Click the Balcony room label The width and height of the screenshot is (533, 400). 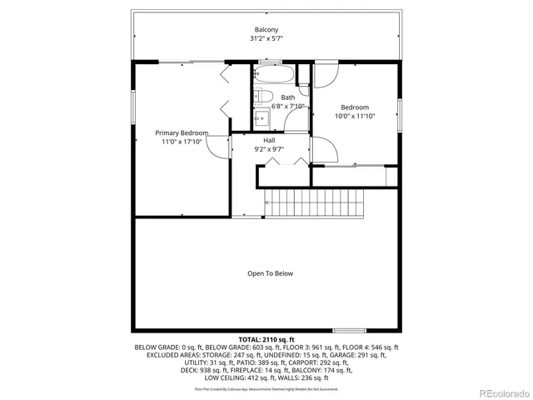click(266, 30)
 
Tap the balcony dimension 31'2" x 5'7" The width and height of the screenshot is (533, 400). click(266, 39)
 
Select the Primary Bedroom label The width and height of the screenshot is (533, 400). click(182, 133)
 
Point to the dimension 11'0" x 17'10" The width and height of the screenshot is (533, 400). click(182, 142)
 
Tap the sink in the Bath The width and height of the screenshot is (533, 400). click(260, 117)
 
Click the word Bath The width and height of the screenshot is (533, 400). click(287, 97)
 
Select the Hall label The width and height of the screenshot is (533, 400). click(269, 141)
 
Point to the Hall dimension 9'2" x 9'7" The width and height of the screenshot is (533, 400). click(269, 150)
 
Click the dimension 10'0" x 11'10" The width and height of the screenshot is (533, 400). click(355, 117)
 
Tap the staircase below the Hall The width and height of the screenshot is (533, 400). click(315, 202)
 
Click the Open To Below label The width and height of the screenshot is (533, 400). click(270, 273)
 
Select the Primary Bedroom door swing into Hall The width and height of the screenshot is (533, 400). click(219, 147)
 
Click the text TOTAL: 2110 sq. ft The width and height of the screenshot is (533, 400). click(266, 340)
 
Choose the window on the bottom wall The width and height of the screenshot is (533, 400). click(348, 331)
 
